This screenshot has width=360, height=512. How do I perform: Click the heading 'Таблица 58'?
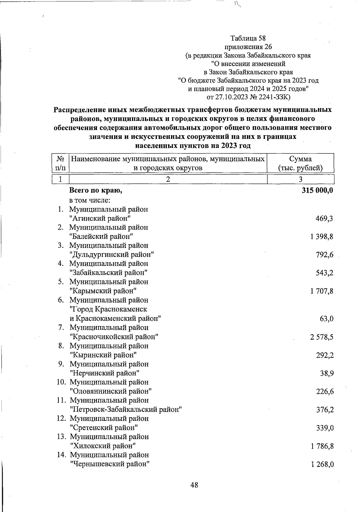point(248,38)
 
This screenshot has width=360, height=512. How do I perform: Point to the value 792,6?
point(325,255)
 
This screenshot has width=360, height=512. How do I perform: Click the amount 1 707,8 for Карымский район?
point(322,291)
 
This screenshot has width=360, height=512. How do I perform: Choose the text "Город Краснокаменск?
point(108,309)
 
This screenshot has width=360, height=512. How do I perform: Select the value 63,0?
point(327,319)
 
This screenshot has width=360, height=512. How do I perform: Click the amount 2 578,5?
point(322,337)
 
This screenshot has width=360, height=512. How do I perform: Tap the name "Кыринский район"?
point(103,355)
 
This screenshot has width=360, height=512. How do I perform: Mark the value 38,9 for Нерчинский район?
point(327,374)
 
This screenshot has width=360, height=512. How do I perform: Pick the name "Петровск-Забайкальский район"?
point(126,409)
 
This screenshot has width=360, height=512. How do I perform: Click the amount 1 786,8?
point(322,446)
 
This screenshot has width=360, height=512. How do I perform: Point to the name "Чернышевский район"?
point(110,464)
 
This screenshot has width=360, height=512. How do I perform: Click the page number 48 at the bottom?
point(194,485)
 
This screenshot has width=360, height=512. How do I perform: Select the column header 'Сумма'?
point(300,159)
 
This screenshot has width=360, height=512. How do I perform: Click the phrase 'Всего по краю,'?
point(96,191)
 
